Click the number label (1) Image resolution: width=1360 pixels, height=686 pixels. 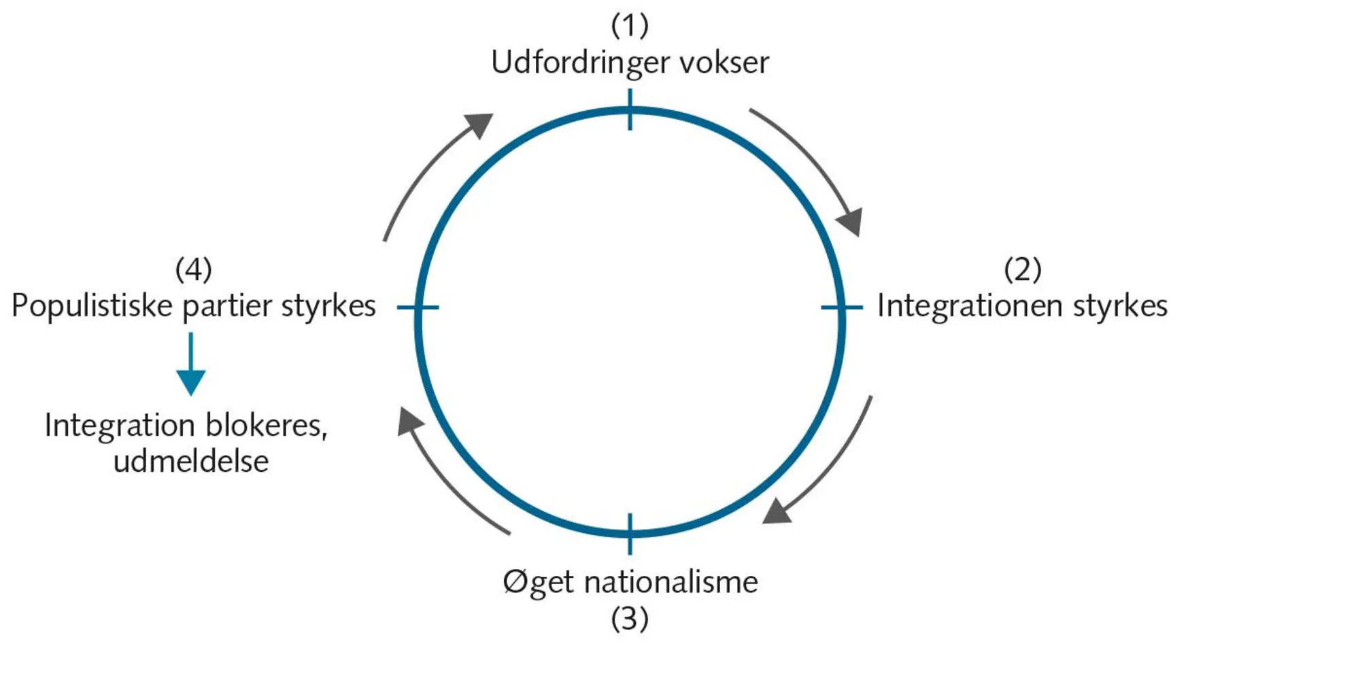[x=630, y=26]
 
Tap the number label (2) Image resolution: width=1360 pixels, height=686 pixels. [x=1022, y=270]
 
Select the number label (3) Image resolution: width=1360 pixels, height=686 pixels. [x=630, y=619]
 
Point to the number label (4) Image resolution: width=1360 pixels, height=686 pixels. [x=194, y=270]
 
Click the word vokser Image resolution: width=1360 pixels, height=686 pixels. [x=724, y=63]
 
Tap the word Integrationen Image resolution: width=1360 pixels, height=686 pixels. [x=970, y=306]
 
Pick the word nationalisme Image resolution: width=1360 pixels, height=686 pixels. [x=670, y=583]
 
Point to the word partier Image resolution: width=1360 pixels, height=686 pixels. [x=227, y=307]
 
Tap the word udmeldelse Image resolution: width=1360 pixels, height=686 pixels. [x=191, y=462]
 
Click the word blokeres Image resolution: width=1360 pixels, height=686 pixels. [x=266, y=426]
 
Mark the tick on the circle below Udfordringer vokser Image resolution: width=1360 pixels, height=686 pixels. [x=630, y=109]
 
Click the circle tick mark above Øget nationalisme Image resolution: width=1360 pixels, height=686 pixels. [x=630, y=534]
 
